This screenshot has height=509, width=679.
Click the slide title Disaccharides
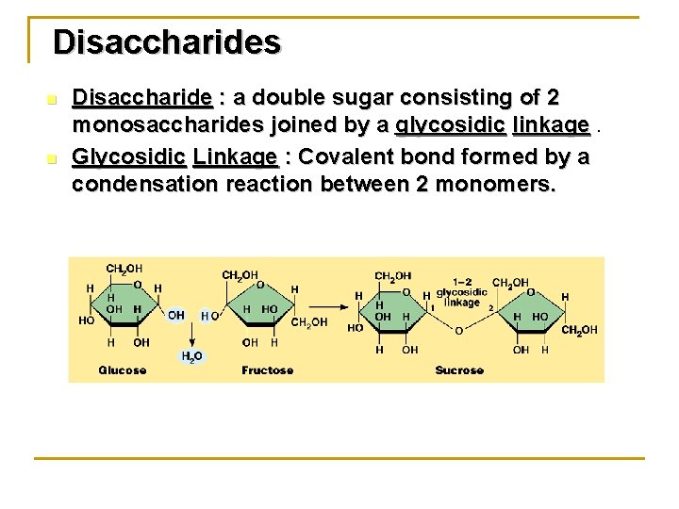(x=167, y=42)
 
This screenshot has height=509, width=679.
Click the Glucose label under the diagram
(x=123, y=370)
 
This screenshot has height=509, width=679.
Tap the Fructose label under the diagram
(x=268, y=370)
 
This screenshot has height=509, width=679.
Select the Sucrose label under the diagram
(x=459, y=370)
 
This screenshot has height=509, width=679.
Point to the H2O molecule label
(x=191, y=355)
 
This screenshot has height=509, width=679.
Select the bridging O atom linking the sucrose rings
(x=459, y=331)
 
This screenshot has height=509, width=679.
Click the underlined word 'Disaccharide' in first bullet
(x=142, y=98)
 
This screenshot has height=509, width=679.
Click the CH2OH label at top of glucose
(x=124, y=270)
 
